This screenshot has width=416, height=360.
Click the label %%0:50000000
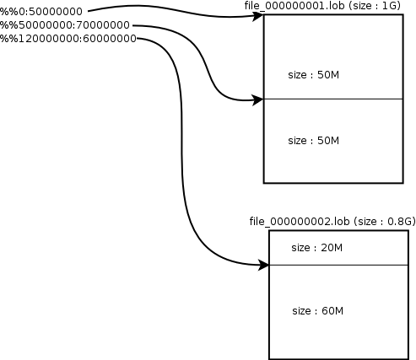41,12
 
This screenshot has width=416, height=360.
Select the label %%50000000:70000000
65,25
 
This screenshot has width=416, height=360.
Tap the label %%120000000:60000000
68,38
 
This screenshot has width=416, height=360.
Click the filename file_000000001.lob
294,6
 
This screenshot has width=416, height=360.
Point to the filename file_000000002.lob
300,222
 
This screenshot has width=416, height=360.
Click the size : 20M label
317,248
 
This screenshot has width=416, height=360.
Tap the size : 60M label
318,311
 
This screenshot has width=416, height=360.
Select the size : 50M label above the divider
314,75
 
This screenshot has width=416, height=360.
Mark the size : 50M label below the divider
314,141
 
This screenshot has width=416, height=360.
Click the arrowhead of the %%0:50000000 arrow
258,16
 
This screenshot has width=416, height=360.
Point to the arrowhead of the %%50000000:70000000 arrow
258,99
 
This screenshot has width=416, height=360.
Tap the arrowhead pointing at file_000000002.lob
264,265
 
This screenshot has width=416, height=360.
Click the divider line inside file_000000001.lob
333,99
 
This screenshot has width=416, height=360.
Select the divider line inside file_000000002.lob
338,265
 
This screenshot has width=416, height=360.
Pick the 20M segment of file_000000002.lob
338,248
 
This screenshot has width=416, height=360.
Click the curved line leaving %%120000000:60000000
181,152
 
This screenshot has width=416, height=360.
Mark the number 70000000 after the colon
103,25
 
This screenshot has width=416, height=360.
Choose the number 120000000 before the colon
49,38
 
